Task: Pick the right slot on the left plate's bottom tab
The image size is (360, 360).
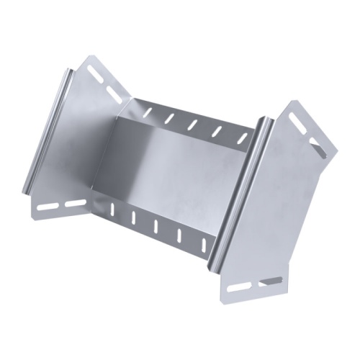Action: pyautogui.click(x=74, y=204)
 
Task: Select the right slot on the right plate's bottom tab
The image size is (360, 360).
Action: pyautogui.click(x=271, y=281)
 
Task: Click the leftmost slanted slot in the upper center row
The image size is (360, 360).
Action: pyautogui.click(x=149, y=112)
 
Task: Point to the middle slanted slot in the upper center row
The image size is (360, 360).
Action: pyautogui.click(x=192, y=124)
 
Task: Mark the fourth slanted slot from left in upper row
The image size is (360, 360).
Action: pyautogui.click(x=216, y=130)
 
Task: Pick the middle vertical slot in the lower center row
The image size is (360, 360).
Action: pyautogui.click(x=156, y=225)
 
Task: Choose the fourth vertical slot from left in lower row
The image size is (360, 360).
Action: pyautogui.click(x=179, y=234)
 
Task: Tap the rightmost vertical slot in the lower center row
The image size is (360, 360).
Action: pyautogui.click(x=203, y=243)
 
